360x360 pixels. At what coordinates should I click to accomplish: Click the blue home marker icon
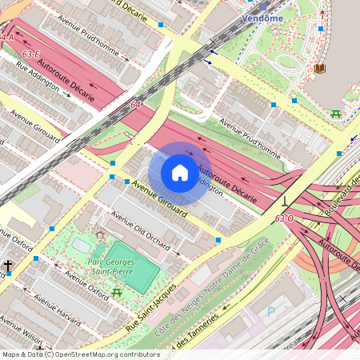click(180, 172)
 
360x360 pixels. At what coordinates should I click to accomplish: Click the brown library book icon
click(320, 69)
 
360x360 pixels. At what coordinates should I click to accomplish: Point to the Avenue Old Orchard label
click(142, 230)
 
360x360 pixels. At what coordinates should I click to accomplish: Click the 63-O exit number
click(283, 218)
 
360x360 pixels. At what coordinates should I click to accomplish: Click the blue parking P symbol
click(270, 311)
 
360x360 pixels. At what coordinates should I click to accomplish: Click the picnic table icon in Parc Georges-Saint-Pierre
click(118, 293)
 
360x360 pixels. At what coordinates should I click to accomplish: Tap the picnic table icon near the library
click(336, 114)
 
